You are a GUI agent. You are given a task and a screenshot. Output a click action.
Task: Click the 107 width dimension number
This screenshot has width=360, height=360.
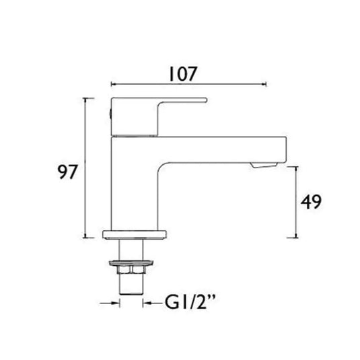tap(183, 74)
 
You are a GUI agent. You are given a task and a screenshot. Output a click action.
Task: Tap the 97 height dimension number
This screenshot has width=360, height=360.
tap(67, 172)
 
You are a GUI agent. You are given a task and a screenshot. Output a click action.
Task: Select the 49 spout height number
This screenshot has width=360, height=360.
tap(311, 202)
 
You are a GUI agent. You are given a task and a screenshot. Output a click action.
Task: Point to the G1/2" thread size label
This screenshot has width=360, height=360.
tap(190, 302)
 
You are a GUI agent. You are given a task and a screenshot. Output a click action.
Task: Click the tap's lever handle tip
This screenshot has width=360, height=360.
tap(206, 100)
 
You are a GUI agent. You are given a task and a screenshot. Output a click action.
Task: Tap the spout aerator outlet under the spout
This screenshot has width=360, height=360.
tap(264, 165)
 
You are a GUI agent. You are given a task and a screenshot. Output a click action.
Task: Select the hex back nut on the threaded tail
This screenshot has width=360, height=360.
tap(131, 270)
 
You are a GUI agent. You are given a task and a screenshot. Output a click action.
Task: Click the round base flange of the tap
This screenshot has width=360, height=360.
tap(135, 235)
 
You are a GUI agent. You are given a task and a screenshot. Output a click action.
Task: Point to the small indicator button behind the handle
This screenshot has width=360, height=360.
tap(110, 114)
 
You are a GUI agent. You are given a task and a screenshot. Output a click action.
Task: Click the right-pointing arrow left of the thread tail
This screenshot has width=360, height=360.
tap(110, 303)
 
